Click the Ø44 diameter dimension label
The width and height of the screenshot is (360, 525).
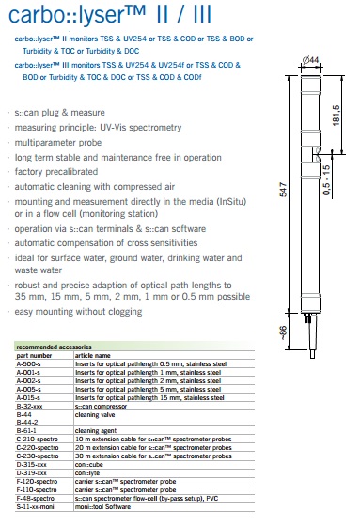click(311, 60)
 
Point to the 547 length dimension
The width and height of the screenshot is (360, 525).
click(283, 190)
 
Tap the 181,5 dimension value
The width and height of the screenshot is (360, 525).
click(336, 116)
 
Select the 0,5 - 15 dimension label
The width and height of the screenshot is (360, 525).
click(326, 179)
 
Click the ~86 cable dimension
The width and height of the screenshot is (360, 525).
click(283, 332)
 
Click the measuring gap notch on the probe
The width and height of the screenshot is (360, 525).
click(316, 154)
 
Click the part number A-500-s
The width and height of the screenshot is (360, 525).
click(28, 364)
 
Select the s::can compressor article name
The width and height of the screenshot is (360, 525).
click(101, 406)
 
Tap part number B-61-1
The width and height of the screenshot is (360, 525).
click(26, 430)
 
